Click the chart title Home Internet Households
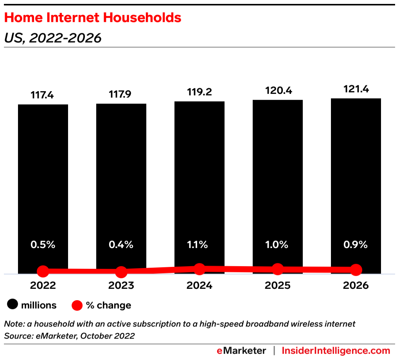93,18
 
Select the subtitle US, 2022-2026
52,38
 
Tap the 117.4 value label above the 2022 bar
43,95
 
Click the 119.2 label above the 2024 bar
199,92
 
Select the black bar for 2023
121,176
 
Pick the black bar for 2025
277,176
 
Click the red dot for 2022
43,271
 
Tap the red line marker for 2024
199,269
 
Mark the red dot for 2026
356,270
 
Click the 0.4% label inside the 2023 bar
121,245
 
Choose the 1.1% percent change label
199,245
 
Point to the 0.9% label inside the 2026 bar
356,245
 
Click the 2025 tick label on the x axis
277,286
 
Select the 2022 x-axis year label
43,286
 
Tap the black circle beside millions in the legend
14,305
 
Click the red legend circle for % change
77,305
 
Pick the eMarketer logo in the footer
241,350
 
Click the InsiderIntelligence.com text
336,350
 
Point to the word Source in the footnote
16,336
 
